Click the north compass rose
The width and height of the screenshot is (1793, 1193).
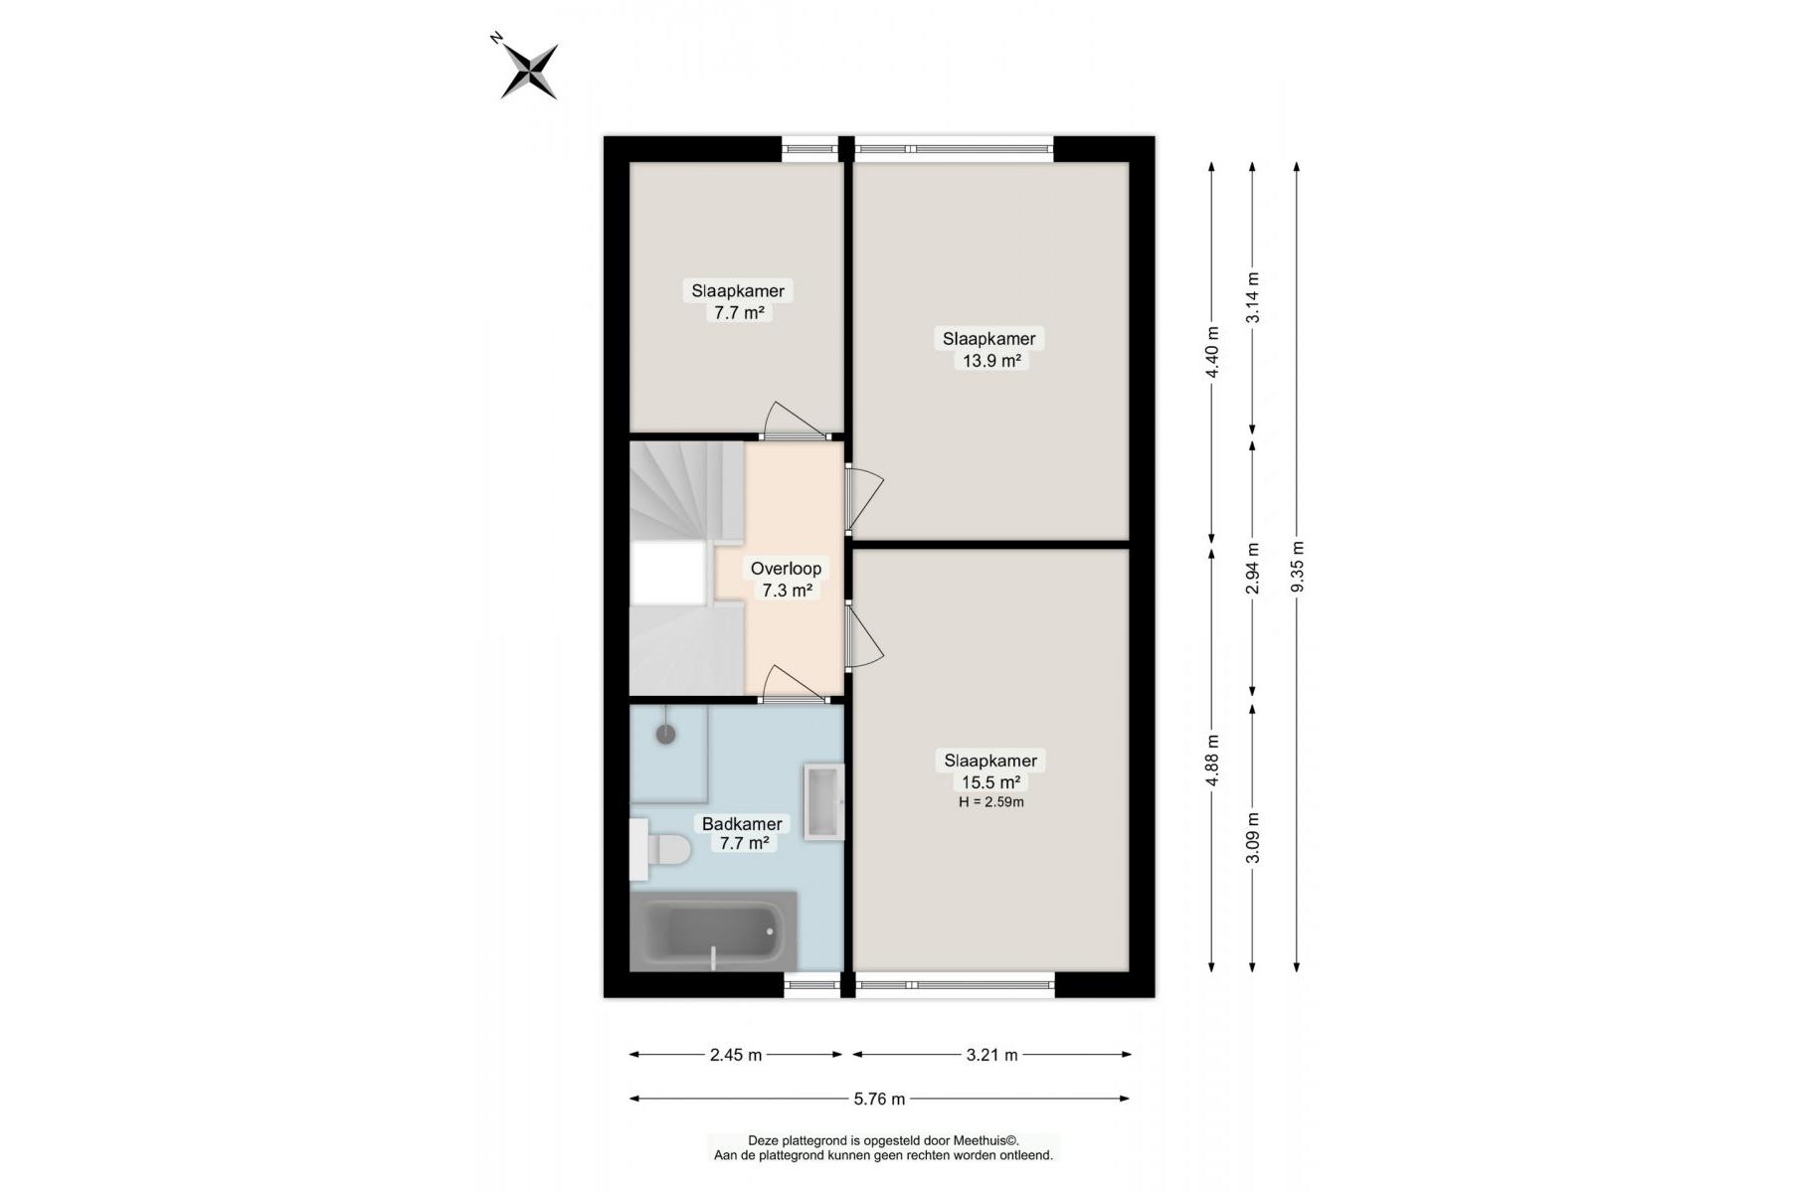coord(528,70)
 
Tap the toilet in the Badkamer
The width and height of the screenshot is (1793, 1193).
coord(660,850)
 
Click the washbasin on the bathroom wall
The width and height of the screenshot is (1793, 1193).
coord(824,802)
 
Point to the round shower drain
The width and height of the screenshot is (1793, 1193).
coord(665,735)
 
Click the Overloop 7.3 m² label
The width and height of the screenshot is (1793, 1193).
coord(786,580)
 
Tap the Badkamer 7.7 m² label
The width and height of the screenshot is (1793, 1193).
coord(742,834)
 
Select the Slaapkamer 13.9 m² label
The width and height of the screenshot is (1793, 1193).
coord(989,349)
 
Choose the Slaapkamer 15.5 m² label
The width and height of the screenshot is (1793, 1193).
coord(990,771)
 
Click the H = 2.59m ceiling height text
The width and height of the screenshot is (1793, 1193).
coord(990,802)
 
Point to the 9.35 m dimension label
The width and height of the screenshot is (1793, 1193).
coord(1297,567)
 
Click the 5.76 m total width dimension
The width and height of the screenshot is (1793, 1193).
coord(880,1099)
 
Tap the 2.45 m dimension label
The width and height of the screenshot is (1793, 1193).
coord(736,1055)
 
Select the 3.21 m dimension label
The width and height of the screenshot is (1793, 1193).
coord(991,1055)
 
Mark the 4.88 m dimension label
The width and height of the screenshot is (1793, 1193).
coord(1212,761)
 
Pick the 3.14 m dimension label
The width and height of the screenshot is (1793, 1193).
coord(1253,297)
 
